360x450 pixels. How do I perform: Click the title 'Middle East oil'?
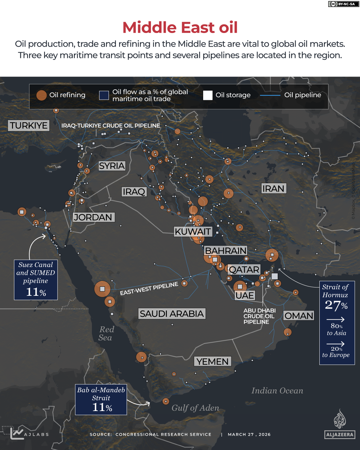(x=180, y=27)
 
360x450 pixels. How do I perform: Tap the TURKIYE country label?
(x=29, y=126)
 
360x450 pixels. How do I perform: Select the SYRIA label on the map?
(x=112, y=166)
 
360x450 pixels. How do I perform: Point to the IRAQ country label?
(x=134, y=192)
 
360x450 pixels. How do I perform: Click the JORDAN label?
(x=93, y=218)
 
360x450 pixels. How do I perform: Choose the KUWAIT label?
(x=193, y=231)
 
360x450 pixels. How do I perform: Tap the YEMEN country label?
(x=212, y=361)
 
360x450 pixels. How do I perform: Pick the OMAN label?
(x=299, y=316)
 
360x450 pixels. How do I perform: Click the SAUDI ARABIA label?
(x=172, y=314)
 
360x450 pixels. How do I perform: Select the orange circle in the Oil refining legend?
(x=41, y=95)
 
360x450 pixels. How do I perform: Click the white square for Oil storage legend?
(x=208, y=95)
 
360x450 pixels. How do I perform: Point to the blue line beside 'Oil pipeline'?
(x=270, y=95)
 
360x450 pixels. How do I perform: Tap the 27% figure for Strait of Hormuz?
(x=336, y=305)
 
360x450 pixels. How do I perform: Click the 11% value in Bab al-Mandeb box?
(x=102, y=407)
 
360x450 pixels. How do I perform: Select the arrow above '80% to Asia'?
(x=336, y=319)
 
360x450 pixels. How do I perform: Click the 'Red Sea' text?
(x=106, y=333)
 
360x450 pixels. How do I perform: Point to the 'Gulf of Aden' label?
(x=195, y=408)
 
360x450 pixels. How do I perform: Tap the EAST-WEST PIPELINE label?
(x=149, y=289)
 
